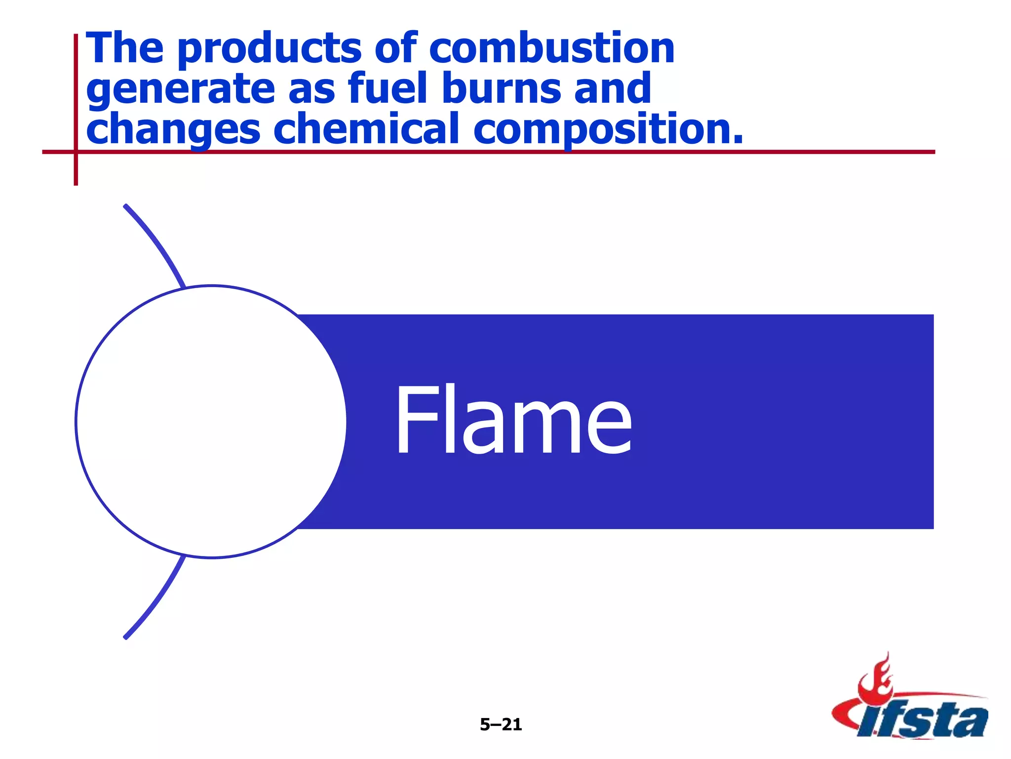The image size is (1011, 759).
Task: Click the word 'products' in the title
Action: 269,49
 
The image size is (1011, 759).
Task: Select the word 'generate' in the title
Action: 180,89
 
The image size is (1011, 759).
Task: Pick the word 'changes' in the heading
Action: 173,129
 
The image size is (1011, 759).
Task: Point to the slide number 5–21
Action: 501,724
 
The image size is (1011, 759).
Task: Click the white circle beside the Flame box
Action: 211,422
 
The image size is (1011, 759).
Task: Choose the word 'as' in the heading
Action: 311,89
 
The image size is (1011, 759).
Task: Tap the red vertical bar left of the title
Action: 76,109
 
